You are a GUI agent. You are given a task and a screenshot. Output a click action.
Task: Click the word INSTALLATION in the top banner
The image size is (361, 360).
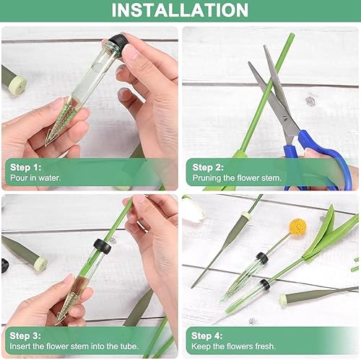pos(180,10)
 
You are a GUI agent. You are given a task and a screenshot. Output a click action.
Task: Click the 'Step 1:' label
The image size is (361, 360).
pos(25,167)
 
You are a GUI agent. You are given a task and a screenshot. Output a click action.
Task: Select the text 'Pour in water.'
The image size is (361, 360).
pos(35,178)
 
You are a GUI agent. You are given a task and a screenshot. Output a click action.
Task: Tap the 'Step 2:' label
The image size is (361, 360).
pos(208,167)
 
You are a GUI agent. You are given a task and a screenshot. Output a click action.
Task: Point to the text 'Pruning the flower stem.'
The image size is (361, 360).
pos(237,178)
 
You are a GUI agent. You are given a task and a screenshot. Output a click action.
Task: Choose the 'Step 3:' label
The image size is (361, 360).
pos(25,335)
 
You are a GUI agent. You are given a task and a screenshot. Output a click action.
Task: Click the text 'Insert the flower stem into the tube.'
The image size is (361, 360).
pos(74,346)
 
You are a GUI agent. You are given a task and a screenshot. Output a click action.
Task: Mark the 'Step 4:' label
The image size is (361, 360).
pos(207,335)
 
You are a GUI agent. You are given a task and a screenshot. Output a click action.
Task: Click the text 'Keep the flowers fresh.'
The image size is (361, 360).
pos(233,346)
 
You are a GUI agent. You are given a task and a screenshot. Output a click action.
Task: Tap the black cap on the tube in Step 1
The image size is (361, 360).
pos(118,42)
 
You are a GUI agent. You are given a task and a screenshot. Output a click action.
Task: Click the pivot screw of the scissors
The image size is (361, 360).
pos(285,118)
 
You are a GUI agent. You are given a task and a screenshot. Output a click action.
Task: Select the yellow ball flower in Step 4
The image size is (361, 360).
pos(298,227)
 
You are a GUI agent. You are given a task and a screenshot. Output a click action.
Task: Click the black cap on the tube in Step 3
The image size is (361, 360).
pos(103,246)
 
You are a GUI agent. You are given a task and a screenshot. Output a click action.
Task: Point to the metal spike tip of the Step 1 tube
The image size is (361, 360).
pos(46,144)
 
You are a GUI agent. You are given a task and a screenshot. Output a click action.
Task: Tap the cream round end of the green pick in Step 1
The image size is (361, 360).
pos(19,85)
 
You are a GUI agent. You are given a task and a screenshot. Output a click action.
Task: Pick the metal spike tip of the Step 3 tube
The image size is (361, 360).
pos(57,323)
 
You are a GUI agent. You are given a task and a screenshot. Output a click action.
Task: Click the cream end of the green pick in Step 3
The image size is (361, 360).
pos(40,263)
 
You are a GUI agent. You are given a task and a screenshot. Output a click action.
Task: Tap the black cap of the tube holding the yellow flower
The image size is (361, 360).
pos(262,258)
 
